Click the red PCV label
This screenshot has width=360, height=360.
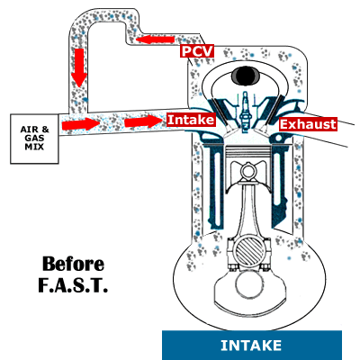(197, 51)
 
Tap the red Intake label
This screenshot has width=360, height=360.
(191, 120)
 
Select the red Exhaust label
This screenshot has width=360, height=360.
(308, 124)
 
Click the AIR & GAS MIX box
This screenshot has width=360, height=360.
(34, 139)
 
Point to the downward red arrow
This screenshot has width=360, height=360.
(79, 67)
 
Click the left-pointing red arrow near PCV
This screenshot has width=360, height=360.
(155, 40)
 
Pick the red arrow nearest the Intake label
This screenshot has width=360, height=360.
(143, 122)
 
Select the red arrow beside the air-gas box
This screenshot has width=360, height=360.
(81, 124)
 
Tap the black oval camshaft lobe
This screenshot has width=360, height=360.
(246, 75)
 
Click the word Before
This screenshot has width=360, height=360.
(73, 264)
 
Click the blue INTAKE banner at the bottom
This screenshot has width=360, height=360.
(252, 346)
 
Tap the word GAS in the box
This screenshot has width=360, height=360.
(34, 139)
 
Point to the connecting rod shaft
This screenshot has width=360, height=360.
(248, 209)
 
